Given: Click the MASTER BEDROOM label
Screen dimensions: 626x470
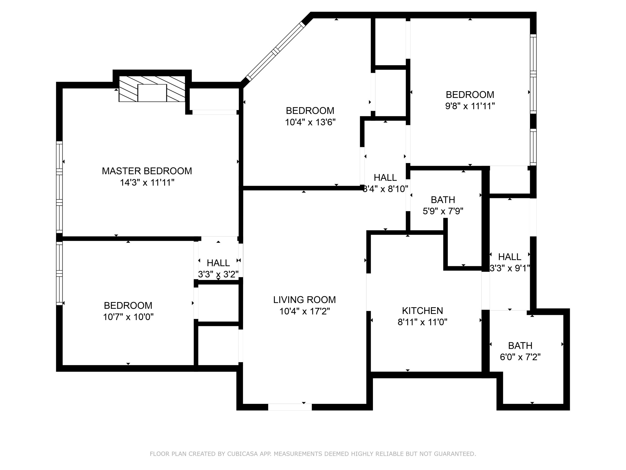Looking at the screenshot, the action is (x=147, y=171).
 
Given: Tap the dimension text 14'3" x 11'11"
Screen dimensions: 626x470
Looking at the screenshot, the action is (x=147, y=183).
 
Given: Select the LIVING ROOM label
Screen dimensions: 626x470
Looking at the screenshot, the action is (x=304, y=300).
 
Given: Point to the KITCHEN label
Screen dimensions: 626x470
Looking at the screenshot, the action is (x=422, y=311).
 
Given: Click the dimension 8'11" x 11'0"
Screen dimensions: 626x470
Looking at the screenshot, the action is (x=422, y=322).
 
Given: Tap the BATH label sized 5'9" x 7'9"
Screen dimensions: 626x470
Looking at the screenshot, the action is (x=443, y=200).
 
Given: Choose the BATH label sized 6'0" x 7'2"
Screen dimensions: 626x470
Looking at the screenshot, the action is (x=520, y=345).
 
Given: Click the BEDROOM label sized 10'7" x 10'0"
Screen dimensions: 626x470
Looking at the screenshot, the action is (x=128, y=305).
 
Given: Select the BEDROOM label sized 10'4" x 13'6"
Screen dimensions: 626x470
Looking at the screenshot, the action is (x=310, y=110).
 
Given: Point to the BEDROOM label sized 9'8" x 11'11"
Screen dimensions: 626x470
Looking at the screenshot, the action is (x=470, y=95).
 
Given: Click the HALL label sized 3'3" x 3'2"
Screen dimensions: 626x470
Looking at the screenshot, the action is (x=218, y=263).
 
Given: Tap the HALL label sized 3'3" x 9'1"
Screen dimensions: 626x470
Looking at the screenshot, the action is (x=510, y=256).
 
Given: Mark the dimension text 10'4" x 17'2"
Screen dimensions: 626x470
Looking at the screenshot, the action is (x=304, y=311).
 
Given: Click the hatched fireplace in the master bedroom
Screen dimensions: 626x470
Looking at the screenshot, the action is (x=152, y=89).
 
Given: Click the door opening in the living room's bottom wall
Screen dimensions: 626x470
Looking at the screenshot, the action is (x=290, y=407).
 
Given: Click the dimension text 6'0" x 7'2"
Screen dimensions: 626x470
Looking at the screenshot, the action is (x=520, y=357).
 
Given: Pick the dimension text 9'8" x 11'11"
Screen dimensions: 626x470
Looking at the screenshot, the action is (x=470, y=106).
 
